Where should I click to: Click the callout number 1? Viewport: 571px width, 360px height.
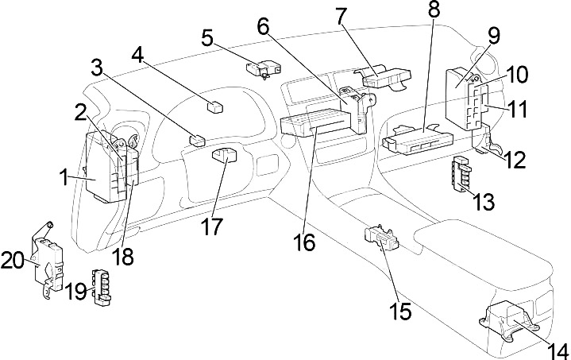click(64, 179)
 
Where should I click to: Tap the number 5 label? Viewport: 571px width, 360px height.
click(207, 38)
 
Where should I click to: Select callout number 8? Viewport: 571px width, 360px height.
click(434, 10)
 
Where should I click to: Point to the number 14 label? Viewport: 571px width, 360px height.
click(558, 351)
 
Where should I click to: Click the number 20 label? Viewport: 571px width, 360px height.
click(13, 261)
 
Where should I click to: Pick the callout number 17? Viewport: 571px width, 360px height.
click(211, 226)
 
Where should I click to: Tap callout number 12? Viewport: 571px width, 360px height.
click(515, 160)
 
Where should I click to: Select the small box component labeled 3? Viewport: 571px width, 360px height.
click(197, 141)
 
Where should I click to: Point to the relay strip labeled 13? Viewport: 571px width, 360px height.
click(461, 173)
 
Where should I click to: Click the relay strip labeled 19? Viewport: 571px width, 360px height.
click(102, 286)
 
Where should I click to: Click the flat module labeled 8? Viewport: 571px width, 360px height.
click(419, 140)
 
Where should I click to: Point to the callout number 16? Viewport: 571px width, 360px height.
click(304, 242)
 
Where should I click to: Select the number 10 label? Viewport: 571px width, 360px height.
click(516, 75)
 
